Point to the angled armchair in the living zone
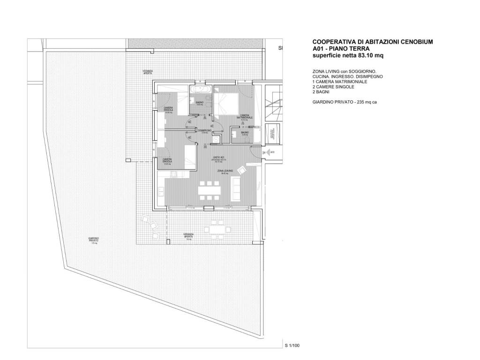[x=242, y=170]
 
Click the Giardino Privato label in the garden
[x=94, y=240]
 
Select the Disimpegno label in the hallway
[x=205, y=130]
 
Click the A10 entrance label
[x=272, y=153]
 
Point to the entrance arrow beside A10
[x=265, y=153]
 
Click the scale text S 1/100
[x=292, y=346]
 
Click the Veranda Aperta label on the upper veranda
[x=148, y=73]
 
